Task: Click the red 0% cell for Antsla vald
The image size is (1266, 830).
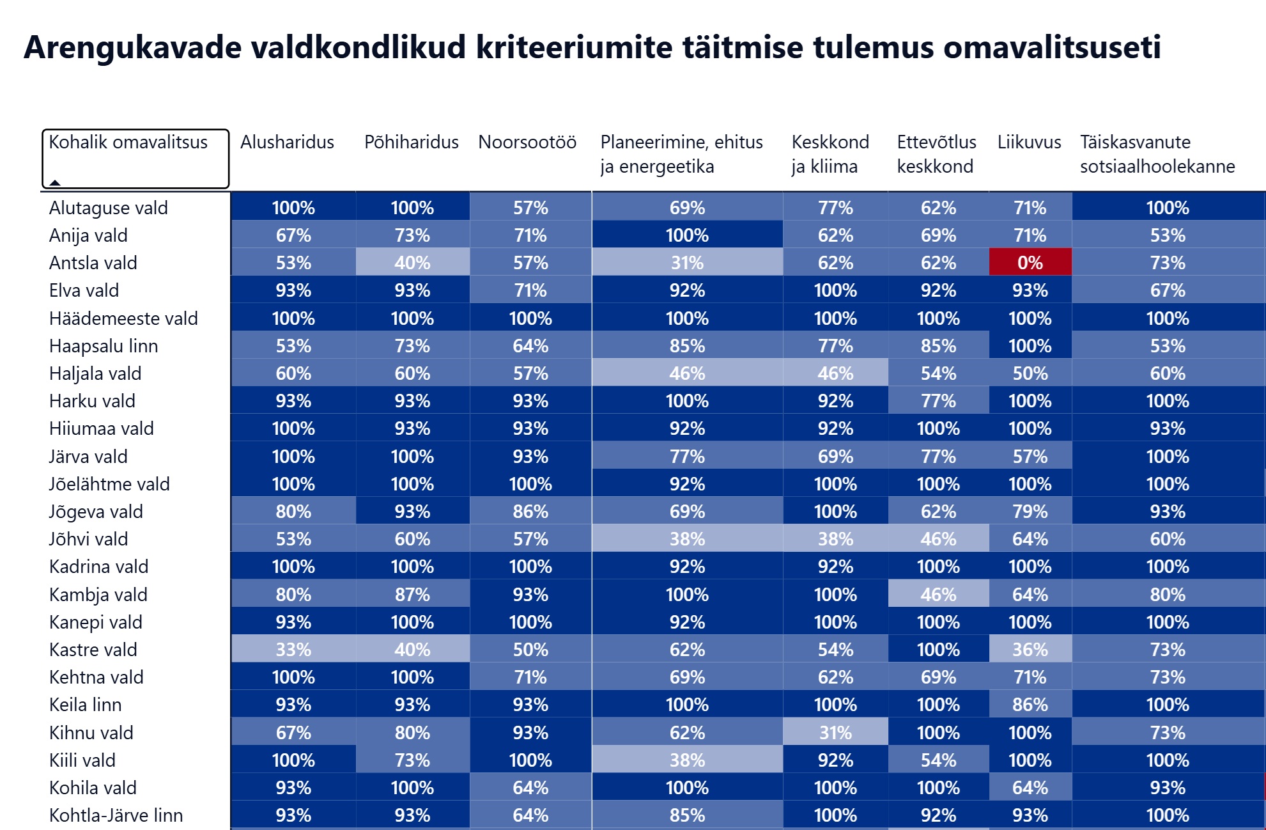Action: [1030, 262]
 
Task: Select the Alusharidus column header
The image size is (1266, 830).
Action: [287, 142]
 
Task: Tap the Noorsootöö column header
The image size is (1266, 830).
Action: [527, 142]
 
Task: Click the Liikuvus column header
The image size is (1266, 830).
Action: [1029, 142]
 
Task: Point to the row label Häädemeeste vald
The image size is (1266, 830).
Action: [123, 318]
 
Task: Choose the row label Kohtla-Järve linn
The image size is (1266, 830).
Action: [116, 815]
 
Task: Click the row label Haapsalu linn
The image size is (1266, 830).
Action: [104, 346]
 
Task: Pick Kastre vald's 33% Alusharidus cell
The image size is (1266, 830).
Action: [293, 649]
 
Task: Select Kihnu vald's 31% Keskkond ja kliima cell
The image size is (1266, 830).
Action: [835, 732]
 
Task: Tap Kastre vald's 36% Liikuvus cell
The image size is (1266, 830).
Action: [1030, 649]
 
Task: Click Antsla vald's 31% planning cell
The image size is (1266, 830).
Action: [687, 262]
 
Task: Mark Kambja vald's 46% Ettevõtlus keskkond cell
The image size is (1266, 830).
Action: [938, 594]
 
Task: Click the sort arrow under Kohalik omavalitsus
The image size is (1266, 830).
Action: [55, 182]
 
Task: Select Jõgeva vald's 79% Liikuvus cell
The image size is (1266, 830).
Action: [1030, 511]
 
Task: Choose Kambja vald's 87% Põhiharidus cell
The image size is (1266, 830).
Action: [412, 594]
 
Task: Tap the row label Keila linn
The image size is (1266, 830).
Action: [86, 705]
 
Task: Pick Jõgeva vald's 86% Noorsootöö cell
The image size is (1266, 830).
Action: [530, 511]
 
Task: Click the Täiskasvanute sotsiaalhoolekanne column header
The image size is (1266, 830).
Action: [1157, 154]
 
